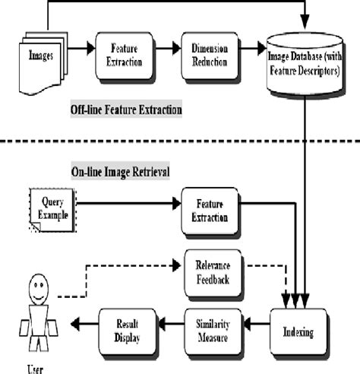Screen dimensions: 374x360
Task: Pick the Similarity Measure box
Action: (x=214, y=331)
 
